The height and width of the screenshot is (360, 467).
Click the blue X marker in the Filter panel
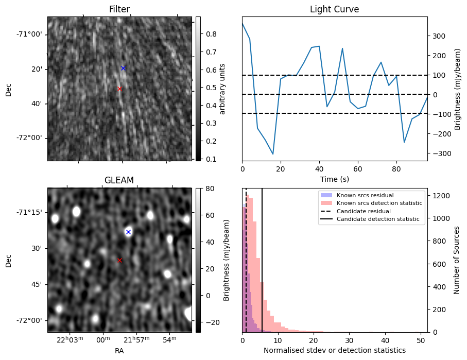coord(123,68)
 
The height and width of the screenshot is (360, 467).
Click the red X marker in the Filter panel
coord(119,89)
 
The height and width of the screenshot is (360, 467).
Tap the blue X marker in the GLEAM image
coord(128,232)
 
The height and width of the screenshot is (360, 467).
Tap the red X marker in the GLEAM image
coord(119,260)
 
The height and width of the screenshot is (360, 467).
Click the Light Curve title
coord(334,10)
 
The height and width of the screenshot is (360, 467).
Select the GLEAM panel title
coord(119,180)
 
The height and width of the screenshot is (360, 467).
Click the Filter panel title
coord(119,10)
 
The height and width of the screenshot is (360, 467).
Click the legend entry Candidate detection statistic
coord(379,219)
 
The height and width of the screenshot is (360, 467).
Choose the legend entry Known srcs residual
coord(366,195)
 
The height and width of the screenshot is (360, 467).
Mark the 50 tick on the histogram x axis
coord(420,340)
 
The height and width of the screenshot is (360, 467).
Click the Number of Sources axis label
coord(457,260)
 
